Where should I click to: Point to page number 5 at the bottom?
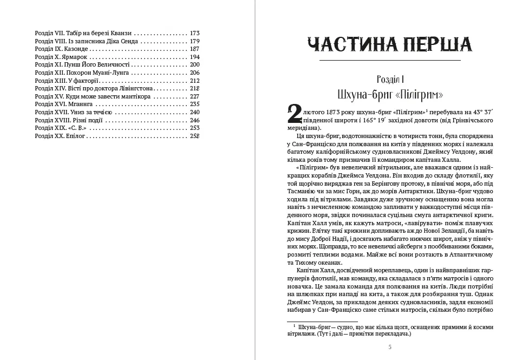tap(382, 346)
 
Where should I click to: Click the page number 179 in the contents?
tap(195, 41)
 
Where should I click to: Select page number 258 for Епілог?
tap(195, 136)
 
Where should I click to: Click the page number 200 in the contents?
tap(195, 65)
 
